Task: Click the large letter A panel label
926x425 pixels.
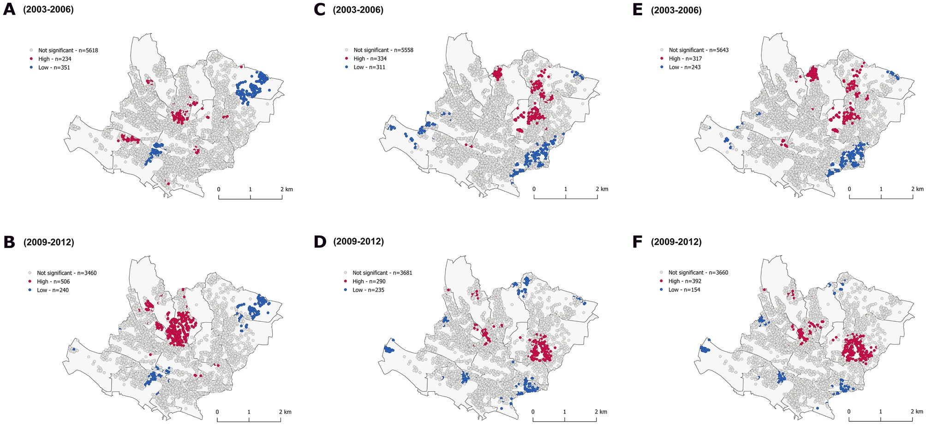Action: tap(9, 10)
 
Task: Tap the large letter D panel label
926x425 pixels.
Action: tap(320, 242)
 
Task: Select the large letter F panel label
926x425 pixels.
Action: tap(637, 242)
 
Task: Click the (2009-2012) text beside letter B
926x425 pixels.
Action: tap(48, 242)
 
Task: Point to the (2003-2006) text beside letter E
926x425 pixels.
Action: tap(676, 10)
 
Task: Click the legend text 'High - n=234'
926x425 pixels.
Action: tap(54, 59)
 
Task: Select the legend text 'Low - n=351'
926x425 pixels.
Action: tap(54, 68)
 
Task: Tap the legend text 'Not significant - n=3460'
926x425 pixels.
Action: tap(66, 273)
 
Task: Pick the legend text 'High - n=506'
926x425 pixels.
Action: tap(53, 282)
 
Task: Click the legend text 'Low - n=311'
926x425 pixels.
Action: tap(369, 67)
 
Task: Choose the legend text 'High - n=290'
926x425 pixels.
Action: tap(369, 281)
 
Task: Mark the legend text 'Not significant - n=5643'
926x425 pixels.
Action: tap(699, 50)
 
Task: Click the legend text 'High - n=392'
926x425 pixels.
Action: tap(685, 281)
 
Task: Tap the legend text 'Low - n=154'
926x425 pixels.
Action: tap(684, 290)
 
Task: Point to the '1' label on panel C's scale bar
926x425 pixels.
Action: tap(565, 189)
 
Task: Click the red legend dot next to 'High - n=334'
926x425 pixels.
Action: tap(346, 59)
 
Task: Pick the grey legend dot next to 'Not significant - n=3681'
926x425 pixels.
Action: tap(345, 273)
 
